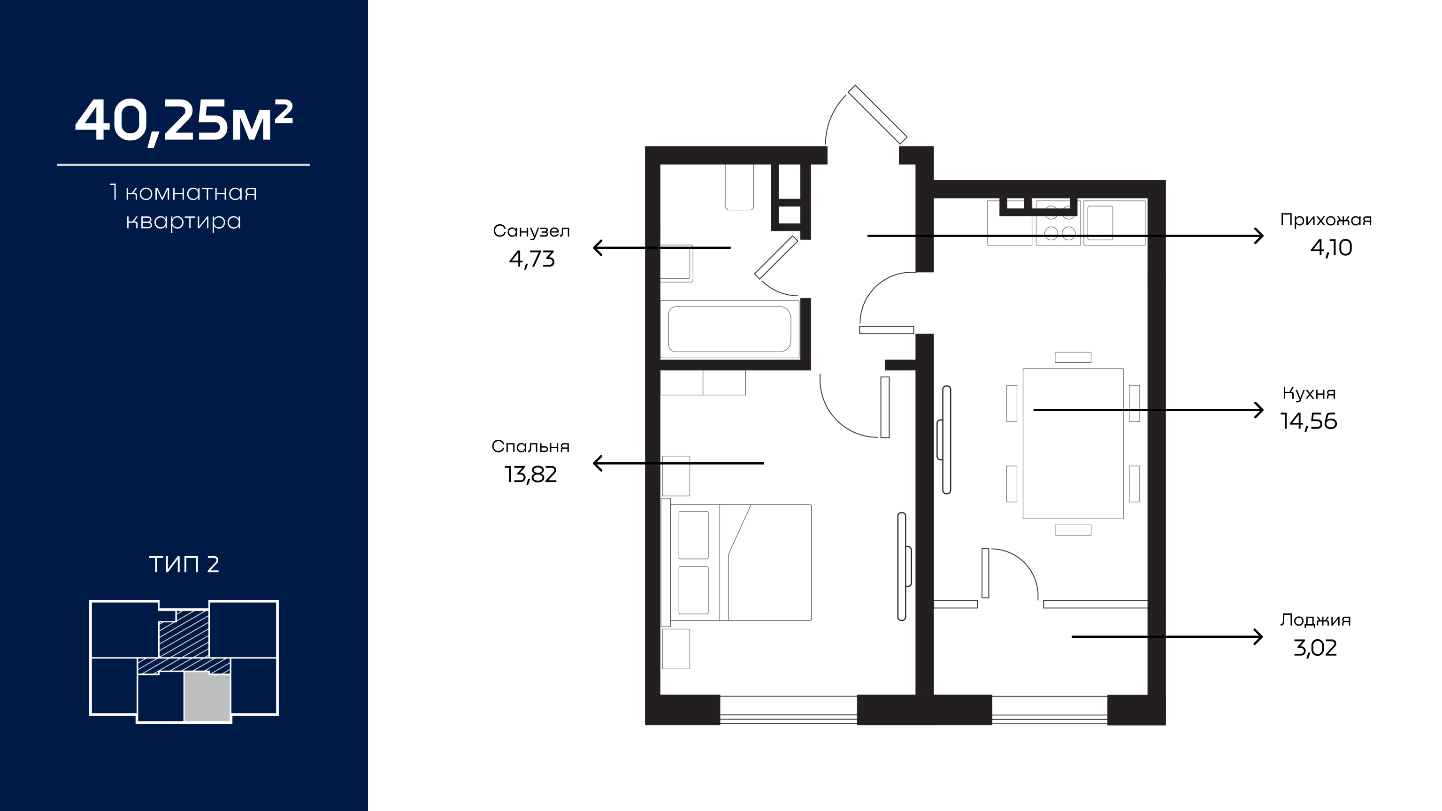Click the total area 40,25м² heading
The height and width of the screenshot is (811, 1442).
click(184, 122)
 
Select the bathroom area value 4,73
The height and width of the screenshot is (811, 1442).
click(532, 259)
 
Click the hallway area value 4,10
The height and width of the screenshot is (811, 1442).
click(1331, 247)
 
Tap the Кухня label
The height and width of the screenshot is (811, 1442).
click(1309, 393)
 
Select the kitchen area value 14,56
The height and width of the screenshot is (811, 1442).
click(1309, 421)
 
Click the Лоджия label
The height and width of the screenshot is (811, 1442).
click(1315, 620)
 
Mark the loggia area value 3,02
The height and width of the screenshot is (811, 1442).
click(1315, 648)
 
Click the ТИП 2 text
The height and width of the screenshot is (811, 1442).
click(184, 564)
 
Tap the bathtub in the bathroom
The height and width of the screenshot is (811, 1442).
click(730, 329)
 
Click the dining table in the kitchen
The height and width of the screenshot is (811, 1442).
click(1073, 443)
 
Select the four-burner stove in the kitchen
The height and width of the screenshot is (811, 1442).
click(1059, 223)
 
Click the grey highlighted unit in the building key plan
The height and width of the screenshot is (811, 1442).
click(207, 697)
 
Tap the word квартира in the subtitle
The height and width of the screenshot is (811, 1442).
click(184, 222)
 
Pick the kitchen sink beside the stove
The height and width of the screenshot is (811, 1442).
click(1101, 223)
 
